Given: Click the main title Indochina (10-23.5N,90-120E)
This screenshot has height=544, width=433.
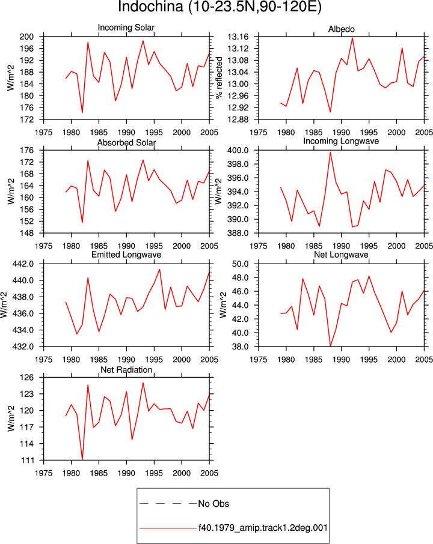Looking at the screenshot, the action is [x=220, y=7].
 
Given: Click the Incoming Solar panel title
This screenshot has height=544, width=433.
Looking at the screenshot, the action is [x=126, y=28].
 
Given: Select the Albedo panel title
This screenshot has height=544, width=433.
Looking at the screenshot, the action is [x=341, y=29].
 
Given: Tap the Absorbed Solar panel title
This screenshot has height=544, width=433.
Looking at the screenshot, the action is [x=126, y=142].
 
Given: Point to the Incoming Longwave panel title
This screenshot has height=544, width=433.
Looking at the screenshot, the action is [x=341, y=141].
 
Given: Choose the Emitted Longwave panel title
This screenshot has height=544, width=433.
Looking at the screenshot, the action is [x=126, y=255].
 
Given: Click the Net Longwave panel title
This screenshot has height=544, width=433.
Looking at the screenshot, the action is [x=341, y=255].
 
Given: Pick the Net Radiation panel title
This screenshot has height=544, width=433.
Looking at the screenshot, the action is [x=126, y=370].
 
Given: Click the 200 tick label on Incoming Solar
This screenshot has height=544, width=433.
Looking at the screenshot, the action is [x=26, y=37].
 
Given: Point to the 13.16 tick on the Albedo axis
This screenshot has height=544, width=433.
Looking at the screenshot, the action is [x=238, y=37].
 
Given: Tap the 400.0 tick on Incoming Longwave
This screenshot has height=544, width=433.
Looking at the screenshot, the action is [x=238, y=151].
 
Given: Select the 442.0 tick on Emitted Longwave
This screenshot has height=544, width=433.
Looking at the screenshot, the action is [x=23, y=264].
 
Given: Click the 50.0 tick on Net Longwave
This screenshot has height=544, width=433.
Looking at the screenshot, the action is [x=240, y=264].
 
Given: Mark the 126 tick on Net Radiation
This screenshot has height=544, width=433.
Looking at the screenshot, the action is [x=26, y=378].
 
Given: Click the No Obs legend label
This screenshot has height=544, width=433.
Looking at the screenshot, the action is [x=213, y=504].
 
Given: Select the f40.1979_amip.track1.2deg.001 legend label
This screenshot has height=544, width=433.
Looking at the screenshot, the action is [x=263, y=528].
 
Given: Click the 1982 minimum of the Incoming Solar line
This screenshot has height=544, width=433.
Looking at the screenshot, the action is [x=82, y=112].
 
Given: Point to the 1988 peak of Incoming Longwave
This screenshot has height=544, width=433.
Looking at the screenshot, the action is [x=330, y=153].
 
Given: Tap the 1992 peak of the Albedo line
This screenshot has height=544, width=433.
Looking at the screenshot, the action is [x=352, y=38].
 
